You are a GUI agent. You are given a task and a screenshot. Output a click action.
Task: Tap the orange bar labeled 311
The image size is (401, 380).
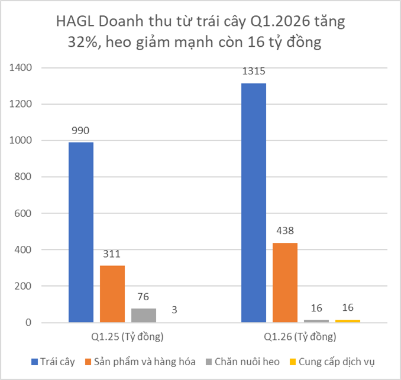point(112,294)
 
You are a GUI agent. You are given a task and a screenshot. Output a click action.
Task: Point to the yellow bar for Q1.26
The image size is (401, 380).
point(347,321)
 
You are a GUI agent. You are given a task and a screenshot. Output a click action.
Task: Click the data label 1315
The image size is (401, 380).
point(254,72)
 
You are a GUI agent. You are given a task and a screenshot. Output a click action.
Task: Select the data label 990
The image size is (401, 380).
point(80,131)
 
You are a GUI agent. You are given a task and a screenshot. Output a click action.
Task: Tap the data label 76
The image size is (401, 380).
point(143,297)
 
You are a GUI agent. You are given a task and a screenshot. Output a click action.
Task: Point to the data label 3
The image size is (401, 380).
point(174,310)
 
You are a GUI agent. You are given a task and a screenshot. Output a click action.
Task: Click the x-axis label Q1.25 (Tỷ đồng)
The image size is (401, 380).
point(127,337)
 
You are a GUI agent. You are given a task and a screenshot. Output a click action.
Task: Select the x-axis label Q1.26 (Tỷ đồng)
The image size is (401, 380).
point(300,337)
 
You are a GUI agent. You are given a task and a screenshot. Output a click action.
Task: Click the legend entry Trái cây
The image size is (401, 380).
point(57,362)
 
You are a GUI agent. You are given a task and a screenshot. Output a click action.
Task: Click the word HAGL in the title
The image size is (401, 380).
point(75,22)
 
